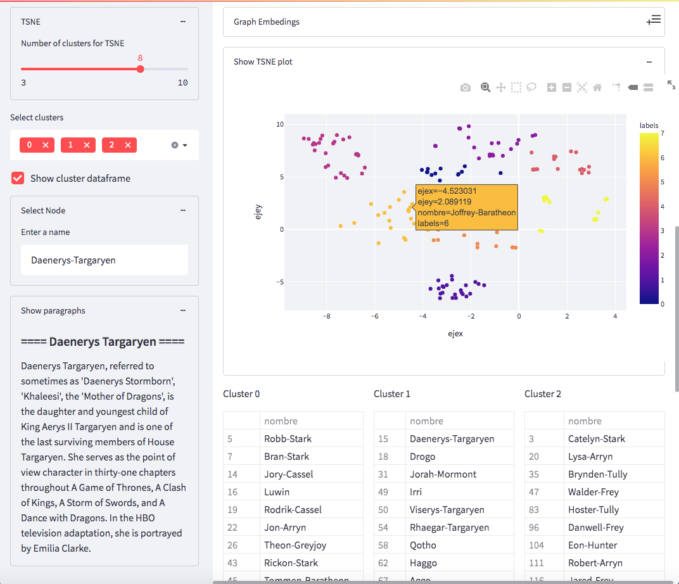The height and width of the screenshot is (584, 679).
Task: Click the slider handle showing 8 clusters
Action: tap(140, 69)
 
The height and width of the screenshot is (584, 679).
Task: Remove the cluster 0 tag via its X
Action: tap(46, 145)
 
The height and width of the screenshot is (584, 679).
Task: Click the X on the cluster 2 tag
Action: tap(127, 145)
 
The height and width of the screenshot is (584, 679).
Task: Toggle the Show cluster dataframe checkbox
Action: tap(18, 178)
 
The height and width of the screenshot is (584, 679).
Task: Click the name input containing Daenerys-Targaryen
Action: tap(105, 260)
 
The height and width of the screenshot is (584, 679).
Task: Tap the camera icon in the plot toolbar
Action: tap(466, 87)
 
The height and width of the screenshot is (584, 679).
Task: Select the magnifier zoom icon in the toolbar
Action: tap(485, 87)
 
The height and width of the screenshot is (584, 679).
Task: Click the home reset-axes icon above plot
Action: tap(597, 87)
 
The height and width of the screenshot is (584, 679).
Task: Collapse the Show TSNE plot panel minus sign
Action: tap(649, 62)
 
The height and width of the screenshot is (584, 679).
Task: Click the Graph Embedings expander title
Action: tap(267, 22)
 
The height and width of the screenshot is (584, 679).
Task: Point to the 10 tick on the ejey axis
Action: tap(279, 124)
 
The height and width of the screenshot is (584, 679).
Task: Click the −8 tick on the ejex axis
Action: tap(326, 315)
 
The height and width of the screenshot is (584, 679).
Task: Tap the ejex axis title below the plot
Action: tap(455, 333)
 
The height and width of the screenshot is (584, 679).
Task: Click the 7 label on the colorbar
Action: tap(662, 134)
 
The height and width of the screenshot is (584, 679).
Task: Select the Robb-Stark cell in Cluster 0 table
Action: tap(288, 438)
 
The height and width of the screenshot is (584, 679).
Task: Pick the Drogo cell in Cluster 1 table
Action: tap(422, 456)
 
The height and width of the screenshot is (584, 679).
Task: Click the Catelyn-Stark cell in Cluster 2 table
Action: tap(597, 438)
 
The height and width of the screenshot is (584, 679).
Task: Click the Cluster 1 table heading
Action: tap(392, 394)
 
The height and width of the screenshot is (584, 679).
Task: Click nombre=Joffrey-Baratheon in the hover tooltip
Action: tap(467, 213)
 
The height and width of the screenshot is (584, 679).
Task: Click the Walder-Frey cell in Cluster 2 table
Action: tap(593, 492)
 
